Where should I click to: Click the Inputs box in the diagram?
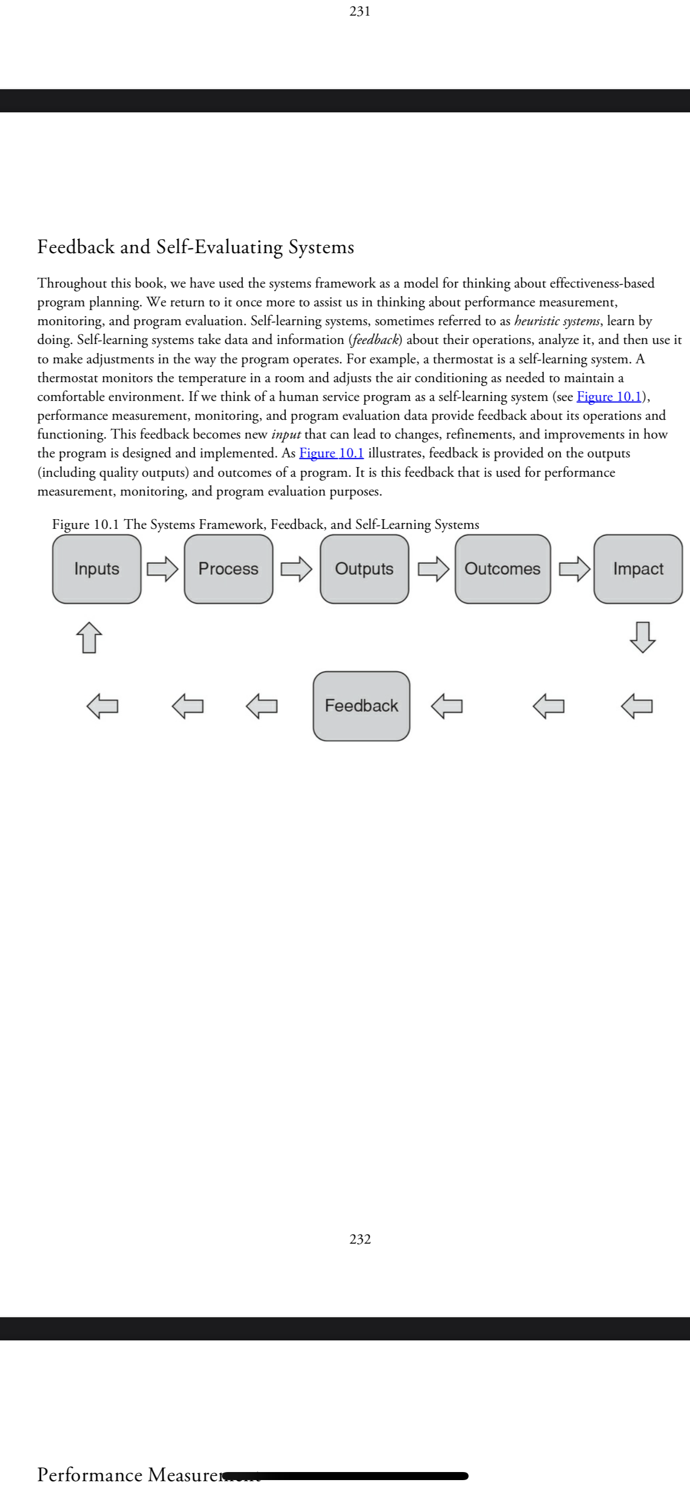pos(97,569)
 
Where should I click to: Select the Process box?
pos(228,569)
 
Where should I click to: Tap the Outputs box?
pos(364,569)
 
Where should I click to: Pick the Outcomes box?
pos(502,569)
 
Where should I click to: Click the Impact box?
pos(638,569)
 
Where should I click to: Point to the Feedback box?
pos(361,705)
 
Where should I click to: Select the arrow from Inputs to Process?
pos(162,569)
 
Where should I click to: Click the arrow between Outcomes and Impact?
pos(574,569)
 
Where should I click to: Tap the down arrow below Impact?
pos(643,637)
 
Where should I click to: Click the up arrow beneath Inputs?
pos(89,637)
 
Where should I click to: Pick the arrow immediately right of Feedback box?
pos(447,705)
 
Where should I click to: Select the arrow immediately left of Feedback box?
pos(261,705)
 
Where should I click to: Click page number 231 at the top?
pos(360,11)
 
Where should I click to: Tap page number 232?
pos(360,1239)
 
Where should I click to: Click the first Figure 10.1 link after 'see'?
pos(609,397)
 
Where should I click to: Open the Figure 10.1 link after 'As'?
pos(332,453)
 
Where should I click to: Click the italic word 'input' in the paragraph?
pos(285,435)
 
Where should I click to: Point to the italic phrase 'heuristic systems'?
pos(557,321)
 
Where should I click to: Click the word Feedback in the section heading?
pos(76,247)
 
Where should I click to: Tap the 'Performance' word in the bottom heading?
pos(90,1474)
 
